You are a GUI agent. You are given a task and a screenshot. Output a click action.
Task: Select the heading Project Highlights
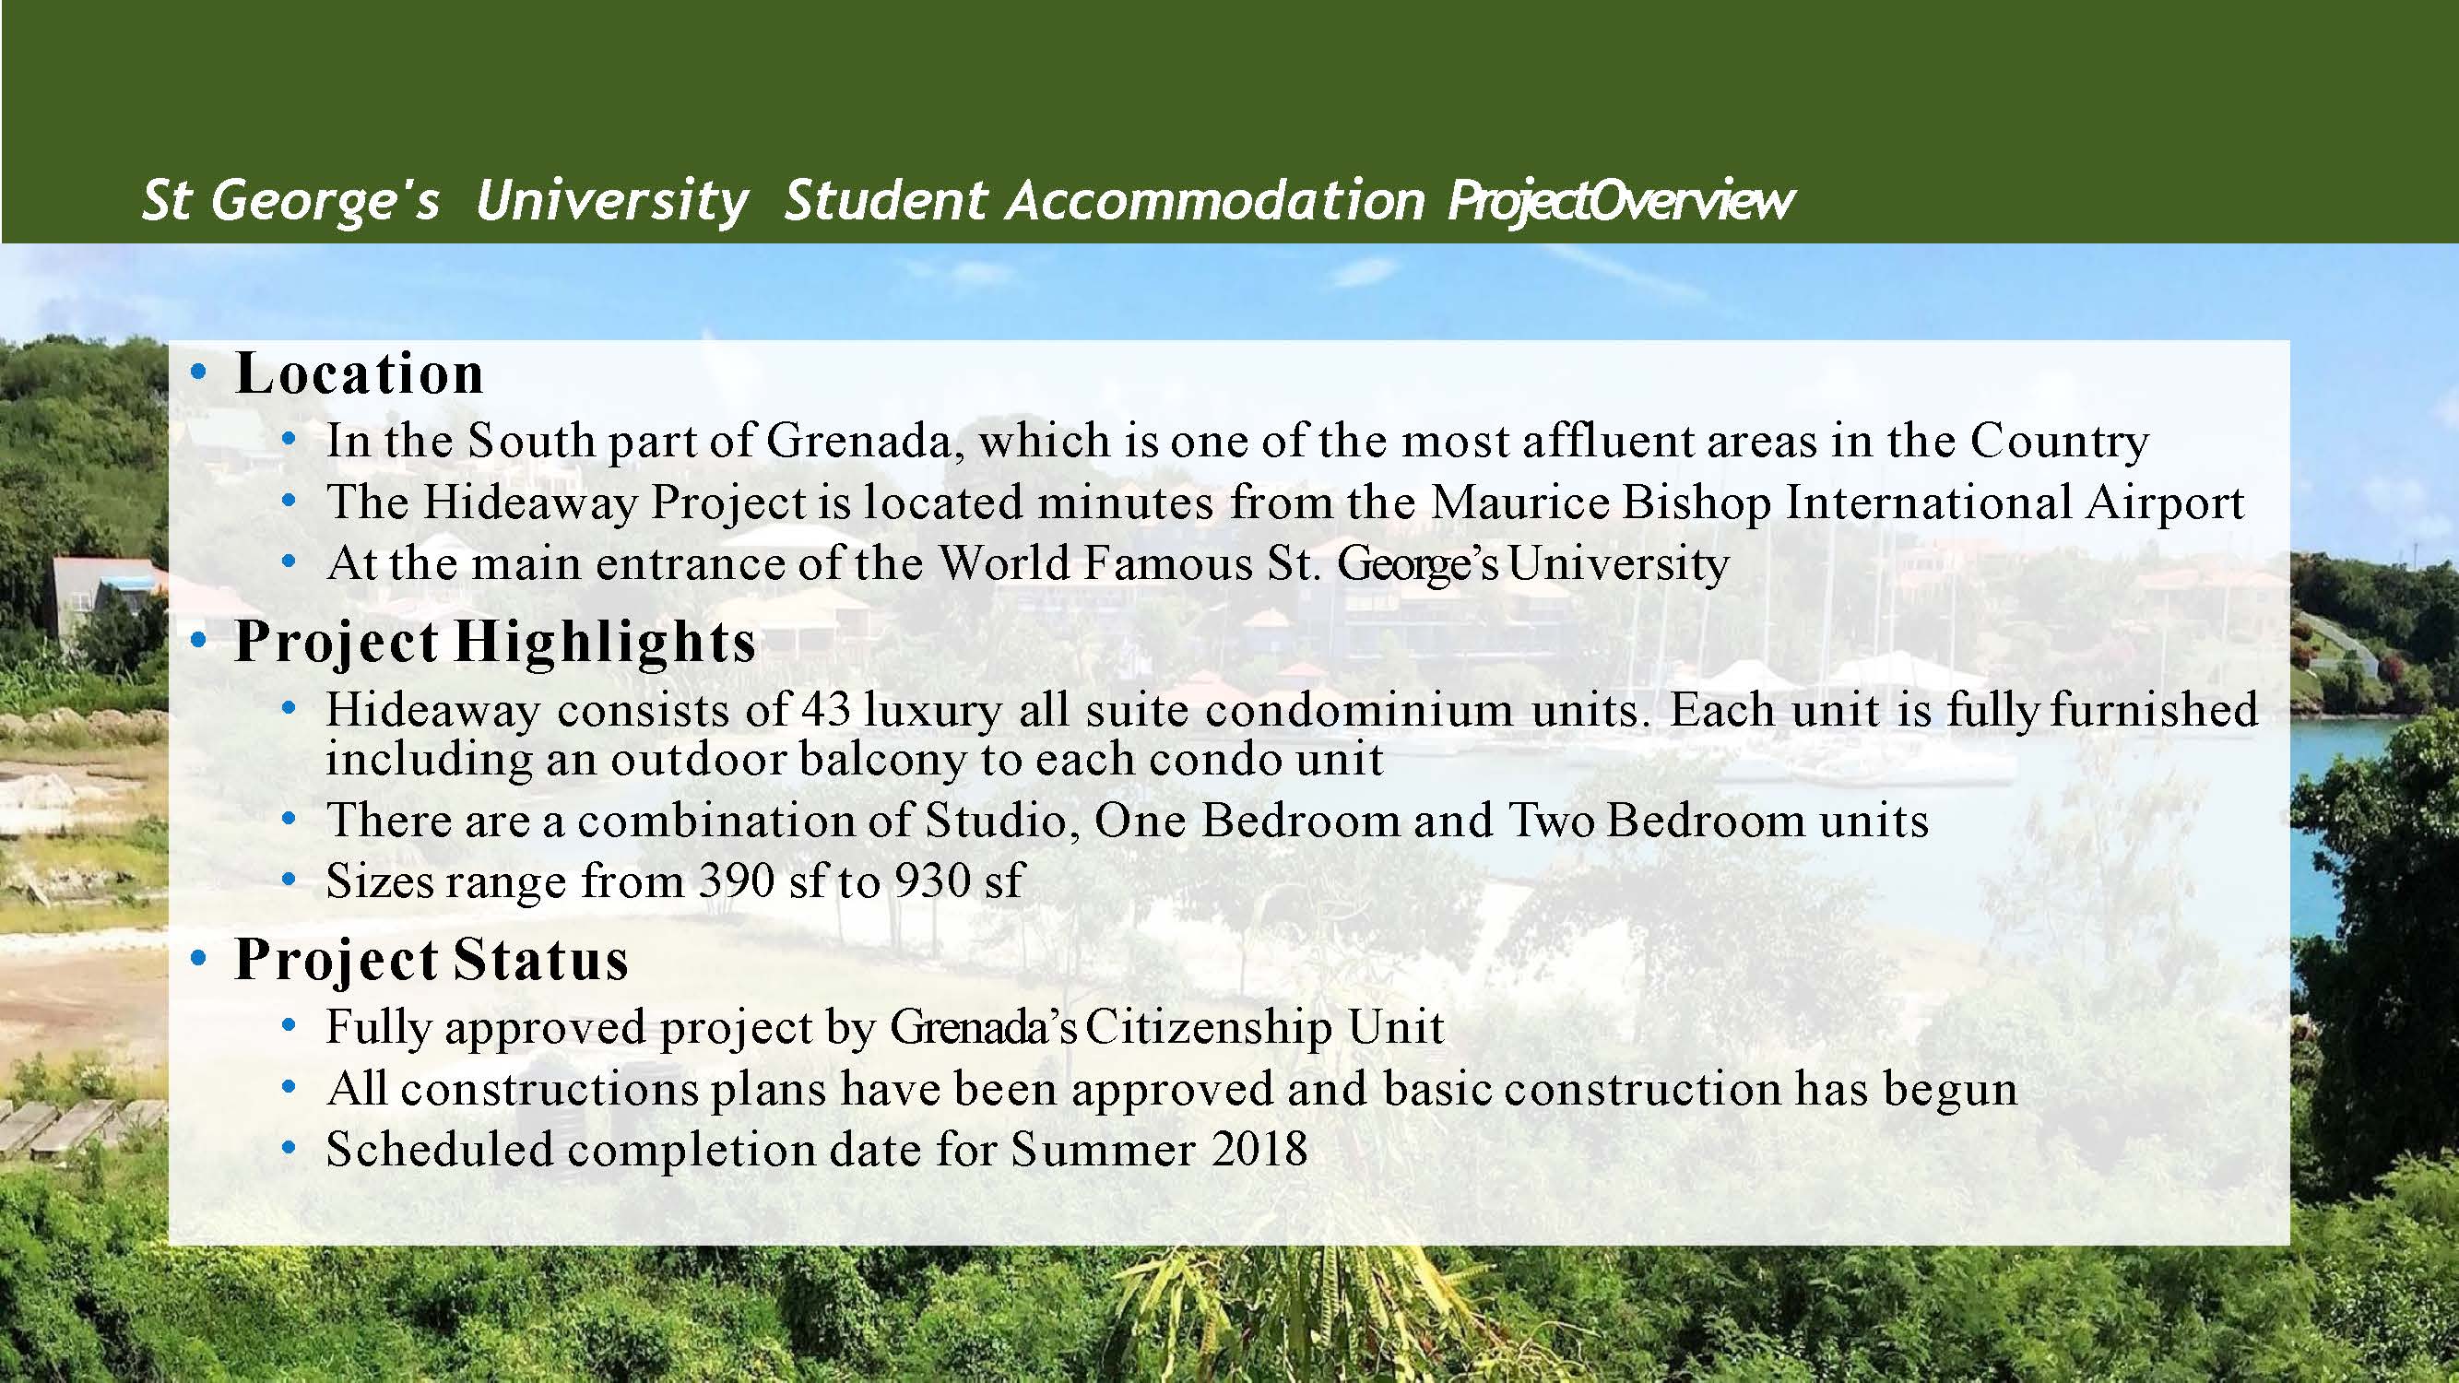(495, 643)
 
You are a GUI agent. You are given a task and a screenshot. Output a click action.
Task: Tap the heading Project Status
(432, 959)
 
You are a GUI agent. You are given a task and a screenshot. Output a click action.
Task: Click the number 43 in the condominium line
(826, 710)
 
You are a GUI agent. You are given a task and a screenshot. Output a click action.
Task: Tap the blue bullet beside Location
(198, 373)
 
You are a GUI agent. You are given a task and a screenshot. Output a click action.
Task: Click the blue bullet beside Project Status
(198, 959)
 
